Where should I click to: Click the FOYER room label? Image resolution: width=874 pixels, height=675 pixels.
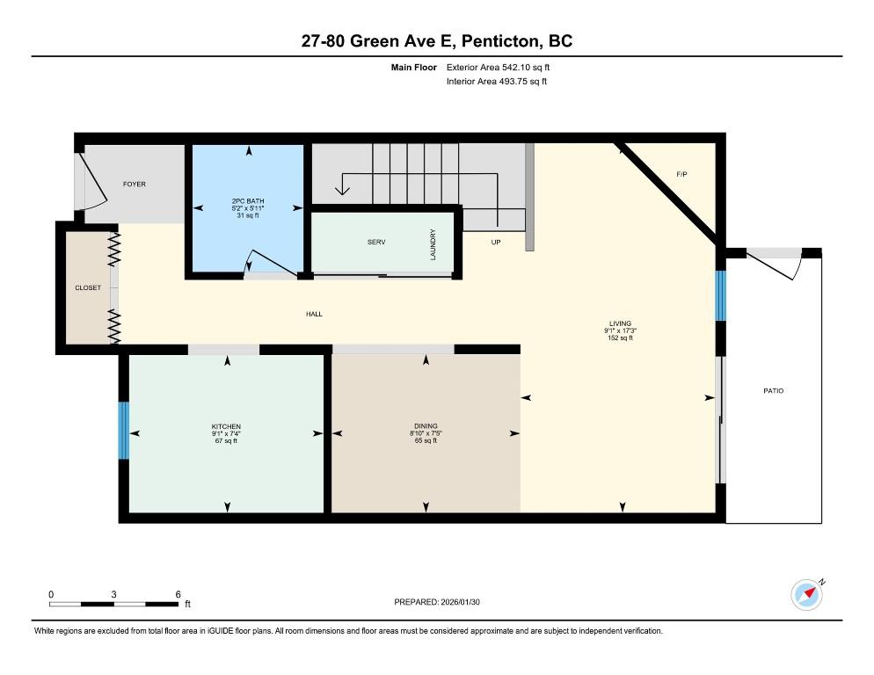point(135,184)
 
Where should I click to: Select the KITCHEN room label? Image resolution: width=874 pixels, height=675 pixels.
point(226,426)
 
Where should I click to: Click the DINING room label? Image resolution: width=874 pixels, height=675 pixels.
point(426,426)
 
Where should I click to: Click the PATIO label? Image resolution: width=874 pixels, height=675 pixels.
point(774,390)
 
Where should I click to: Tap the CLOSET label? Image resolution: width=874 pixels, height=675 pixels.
point(88,287)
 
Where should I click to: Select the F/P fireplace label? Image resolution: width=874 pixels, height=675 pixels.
point(681,175)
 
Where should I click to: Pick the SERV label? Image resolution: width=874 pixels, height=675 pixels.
point(376,242)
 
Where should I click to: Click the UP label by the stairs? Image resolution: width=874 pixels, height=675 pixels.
point(496,242)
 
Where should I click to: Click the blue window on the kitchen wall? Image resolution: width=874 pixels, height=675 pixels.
point(124,431)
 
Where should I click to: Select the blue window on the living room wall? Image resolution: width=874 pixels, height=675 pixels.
point(719,296)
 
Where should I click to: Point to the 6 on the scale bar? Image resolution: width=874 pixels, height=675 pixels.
point(178,594)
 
